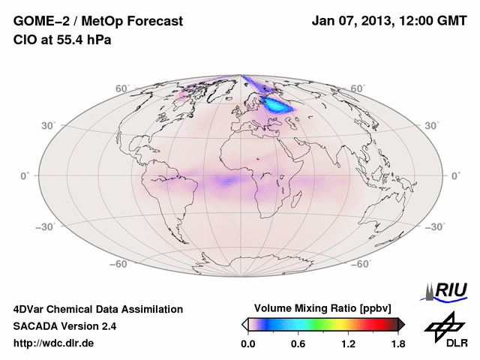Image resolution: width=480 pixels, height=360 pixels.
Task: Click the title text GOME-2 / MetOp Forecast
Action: [x=98, y=22]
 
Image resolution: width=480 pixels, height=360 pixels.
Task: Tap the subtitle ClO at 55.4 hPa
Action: [x=62, y=40]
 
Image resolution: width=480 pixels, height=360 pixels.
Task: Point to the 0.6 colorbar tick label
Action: [x=298, y=344]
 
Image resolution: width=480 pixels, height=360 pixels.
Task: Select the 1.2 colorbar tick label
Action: [x=348, y=344]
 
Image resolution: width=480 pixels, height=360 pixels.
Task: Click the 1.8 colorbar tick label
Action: [x=397, y=344]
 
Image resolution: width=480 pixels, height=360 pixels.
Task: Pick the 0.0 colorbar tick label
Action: [x=248, y=344]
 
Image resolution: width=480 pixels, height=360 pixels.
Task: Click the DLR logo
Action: [x=445, y=330]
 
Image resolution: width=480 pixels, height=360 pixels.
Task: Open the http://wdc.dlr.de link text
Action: [x=54, y=343]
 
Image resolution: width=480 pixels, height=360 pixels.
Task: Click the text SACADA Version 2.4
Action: [x=64, y=326]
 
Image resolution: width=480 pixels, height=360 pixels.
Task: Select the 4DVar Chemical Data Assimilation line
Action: [x=98, y=309]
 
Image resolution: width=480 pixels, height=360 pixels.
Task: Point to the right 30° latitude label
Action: [x=433, y=124]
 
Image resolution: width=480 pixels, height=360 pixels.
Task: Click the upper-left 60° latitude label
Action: [x=122, y=88]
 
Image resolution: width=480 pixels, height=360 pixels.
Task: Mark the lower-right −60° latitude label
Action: [x=362, y=264]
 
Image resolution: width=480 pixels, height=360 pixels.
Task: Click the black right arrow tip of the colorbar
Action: [x=401, y=324]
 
